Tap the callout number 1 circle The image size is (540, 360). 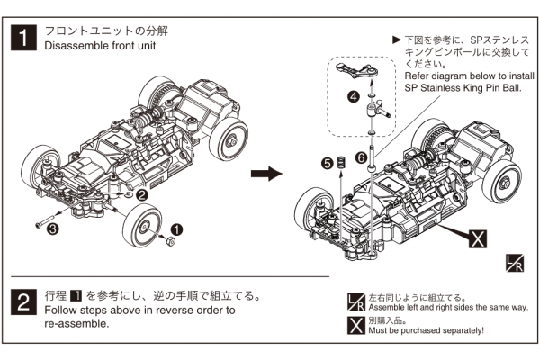coord(177,231)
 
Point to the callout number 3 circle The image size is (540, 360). coord(53,229)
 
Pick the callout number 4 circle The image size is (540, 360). coord(355,95)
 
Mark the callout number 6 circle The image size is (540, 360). coord(361,157)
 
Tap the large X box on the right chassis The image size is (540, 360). coord(478,238)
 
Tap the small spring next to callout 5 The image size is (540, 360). coord(342,164)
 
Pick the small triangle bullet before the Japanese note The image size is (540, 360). coord(397,40)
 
